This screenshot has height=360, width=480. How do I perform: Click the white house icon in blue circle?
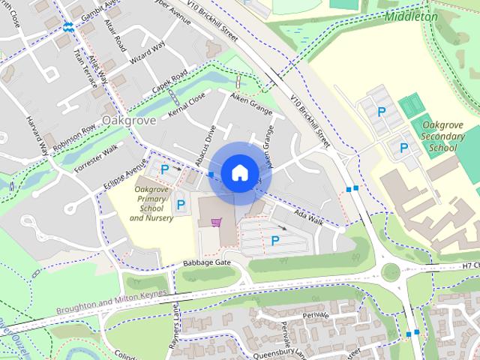pyautogui.click(x=238, y=172)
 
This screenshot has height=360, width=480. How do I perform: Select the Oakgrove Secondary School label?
pyautogui.click(x=439, y=136)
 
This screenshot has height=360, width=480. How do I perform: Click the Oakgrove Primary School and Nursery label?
pyautogui.click(x=151, y=203)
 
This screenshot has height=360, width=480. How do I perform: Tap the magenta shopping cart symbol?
pyautogui.click(x=217, y=222)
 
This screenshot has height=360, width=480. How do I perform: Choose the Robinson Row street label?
pyautogui.click(x=74, y=136)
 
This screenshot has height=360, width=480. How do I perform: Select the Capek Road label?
pyautogui.click(x=169, y=83)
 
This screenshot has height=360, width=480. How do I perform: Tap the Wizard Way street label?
pyautogui.click(x=147, y=52)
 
